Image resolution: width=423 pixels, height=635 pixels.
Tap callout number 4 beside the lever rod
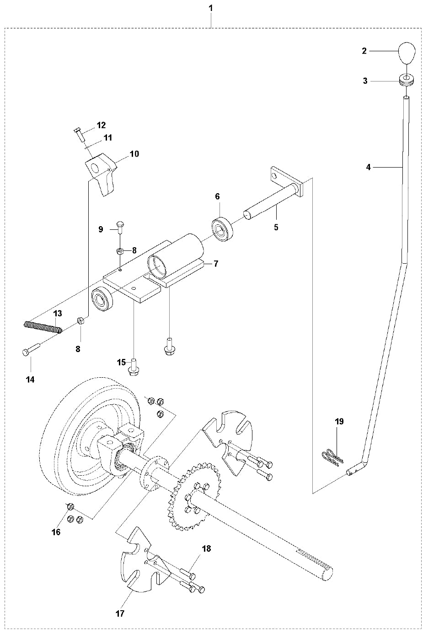pyautogui.click(x=369, y=168)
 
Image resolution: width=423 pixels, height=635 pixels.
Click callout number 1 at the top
pyautogui.click(x=211, y=8)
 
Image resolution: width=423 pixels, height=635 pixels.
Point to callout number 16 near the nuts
pyautogui.click(x=56, y=532)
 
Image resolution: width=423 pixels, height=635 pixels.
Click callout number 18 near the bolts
pyautogui.click(x=207, y=548)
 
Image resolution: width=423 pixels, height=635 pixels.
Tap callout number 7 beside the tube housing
pyautogui.click(x=215, y=264)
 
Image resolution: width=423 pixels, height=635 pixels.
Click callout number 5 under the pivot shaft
pyautogui.click(x=276, y=227)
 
